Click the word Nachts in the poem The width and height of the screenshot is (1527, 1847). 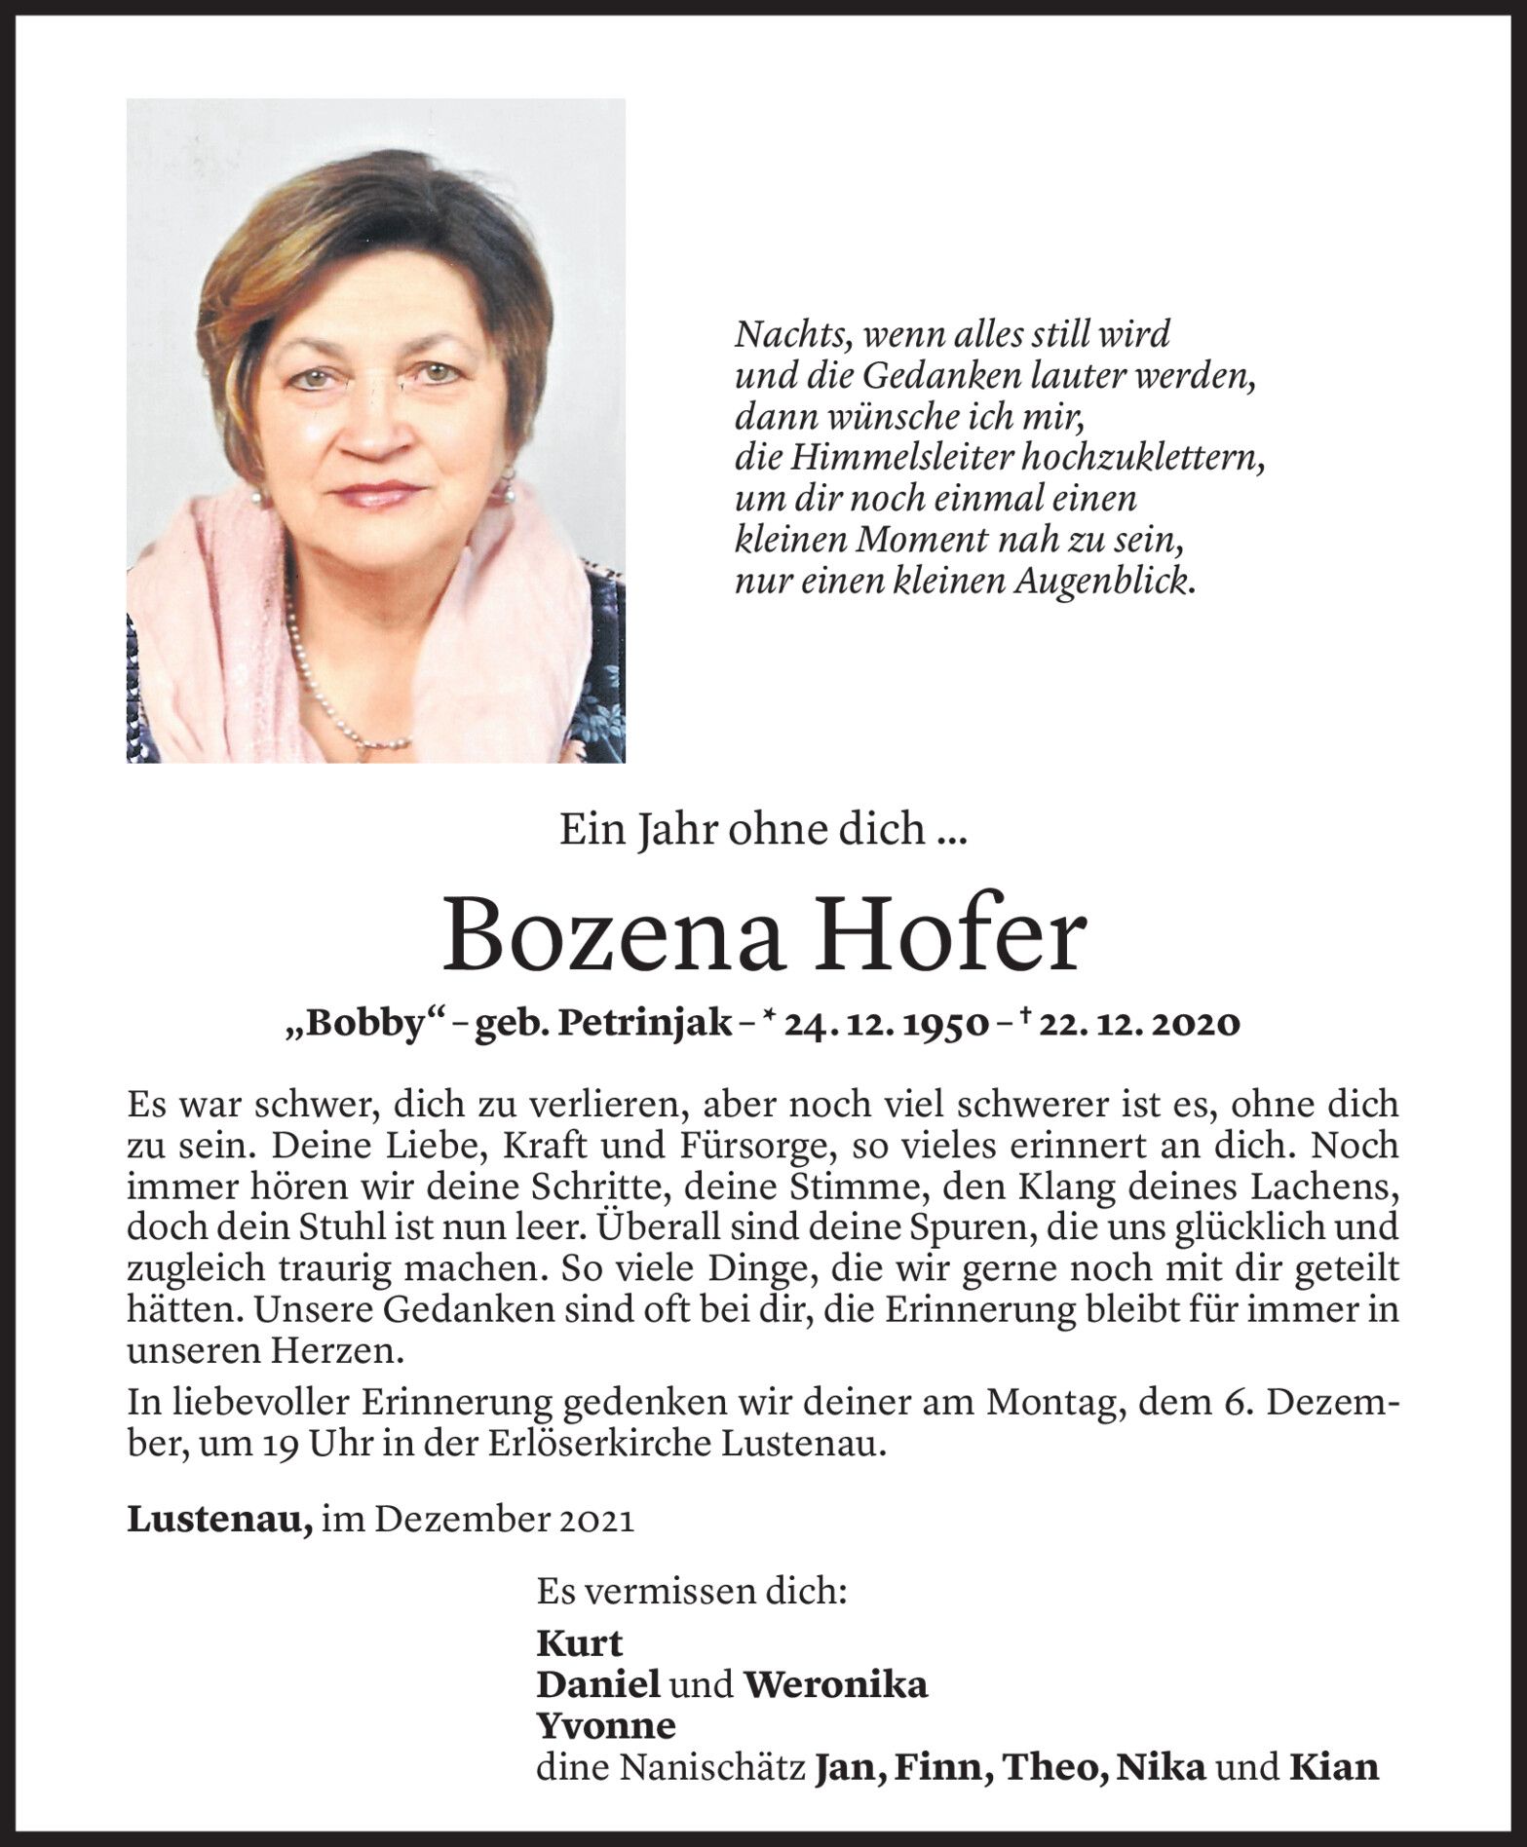pyautogui.click(x=783, y=335)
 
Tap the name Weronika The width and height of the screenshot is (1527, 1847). pyautogui.click(x=834, y=1684)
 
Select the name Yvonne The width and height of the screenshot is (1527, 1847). pyautogui.click(x=605, y=1725)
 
